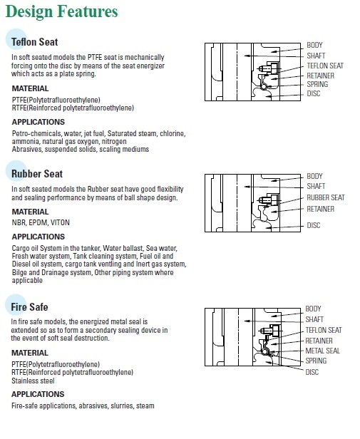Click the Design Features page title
[x=61, y=11]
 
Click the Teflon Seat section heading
[x=34, y=42]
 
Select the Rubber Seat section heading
[x=37, y=174]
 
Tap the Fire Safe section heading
[x=29, y=307]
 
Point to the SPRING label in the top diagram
[x=317, y=84]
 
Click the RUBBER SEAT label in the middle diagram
[x=326, y=197]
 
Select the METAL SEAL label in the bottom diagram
[x=322, y=351]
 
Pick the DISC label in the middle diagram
[x=314, y=225]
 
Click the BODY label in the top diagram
[x=314, y=45]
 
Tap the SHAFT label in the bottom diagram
[x=314, y=319]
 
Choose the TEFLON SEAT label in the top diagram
[x=325, y=66]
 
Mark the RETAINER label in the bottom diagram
[x=319, y=341]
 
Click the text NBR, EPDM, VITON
[x=41, y=222]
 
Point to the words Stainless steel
[x=33, y=381]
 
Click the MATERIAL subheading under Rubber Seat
[x=30, y=212]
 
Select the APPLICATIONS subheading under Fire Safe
[x=38, y=394]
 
